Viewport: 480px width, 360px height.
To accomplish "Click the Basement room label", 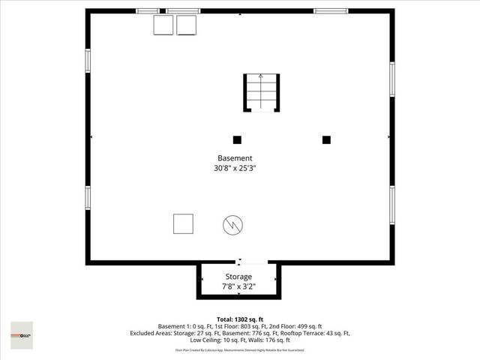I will click(235, 158).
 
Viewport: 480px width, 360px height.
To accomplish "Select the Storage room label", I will click(238, 277).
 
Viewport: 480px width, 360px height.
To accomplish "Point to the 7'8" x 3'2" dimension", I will click(238, 286).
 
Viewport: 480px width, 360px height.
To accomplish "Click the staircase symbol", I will click(261, 93).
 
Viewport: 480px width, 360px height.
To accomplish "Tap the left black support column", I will click(237, 139).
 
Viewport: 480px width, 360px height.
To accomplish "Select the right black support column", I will click(326, 139).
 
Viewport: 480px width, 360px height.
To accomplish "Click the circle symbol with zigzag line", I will click(232, 224).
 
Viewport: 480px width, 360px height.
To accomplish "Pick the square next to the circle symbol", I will click(183, 223).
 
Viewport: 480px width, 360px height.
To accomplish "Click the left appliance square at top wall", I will click(163, 25).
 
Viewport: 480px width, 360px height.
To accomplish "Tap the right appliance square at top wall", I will click(186, 25).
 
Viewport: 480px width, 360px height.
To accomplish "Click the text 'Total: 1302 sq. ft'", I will click(239, 319).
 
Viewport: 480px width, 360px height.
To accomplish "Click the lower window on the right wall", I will click(391, 203).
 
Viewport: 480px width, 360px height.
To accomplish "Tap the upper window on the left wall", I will click(88, 60).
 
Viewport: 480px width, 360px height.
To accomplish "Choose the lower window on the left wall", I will click(88, 196).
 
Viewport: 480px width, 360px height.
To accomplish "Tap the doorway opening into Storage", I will click(239, 262).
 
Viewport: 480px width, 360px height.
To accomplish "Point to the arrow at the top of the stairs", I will click(261, 76).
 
